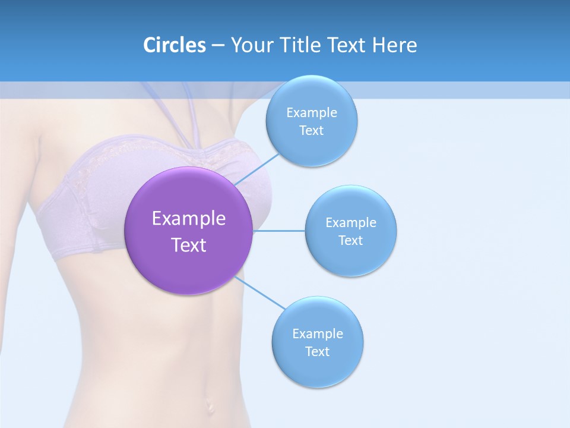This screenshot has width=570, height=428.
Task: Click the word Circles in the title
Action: point(174,45)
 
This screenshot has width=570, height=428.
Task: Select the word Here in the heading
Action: point(395,45)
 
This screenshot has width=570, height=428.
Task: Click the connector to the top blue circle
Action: point(256,169)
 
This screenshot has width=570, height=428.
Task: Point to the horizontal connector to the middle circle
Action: point(279,231)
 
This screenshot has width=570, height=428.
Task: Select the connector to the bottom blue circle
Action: point(259,292)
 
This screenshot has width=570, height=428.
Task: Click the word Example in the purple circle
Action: point(189,218)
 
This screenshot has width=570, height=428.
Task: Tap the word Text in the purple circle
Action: point(189,245)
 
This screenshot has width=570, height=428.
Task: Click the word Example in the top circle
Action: point(311,112)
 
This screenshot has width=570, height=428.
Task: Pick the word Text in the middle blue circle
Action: point(351,240)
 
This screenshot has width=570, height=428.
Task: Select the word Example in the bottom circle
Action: point(318,333)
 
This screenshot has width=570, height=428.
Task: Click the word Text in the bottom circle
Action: point(318,351)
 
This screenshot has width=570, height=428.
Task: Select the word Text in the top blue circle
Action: point(311,130)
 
